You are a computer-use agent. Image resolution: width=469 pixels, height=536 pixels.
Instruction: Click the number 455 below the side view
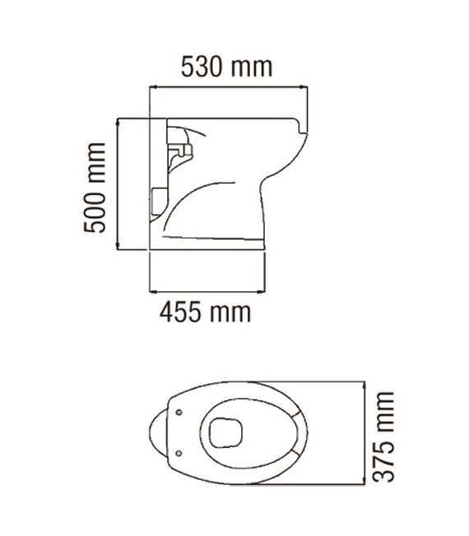(182, 312)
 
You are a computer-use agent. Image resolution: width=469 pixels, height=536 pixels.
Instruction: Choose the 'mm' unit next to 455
(230, 312)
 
